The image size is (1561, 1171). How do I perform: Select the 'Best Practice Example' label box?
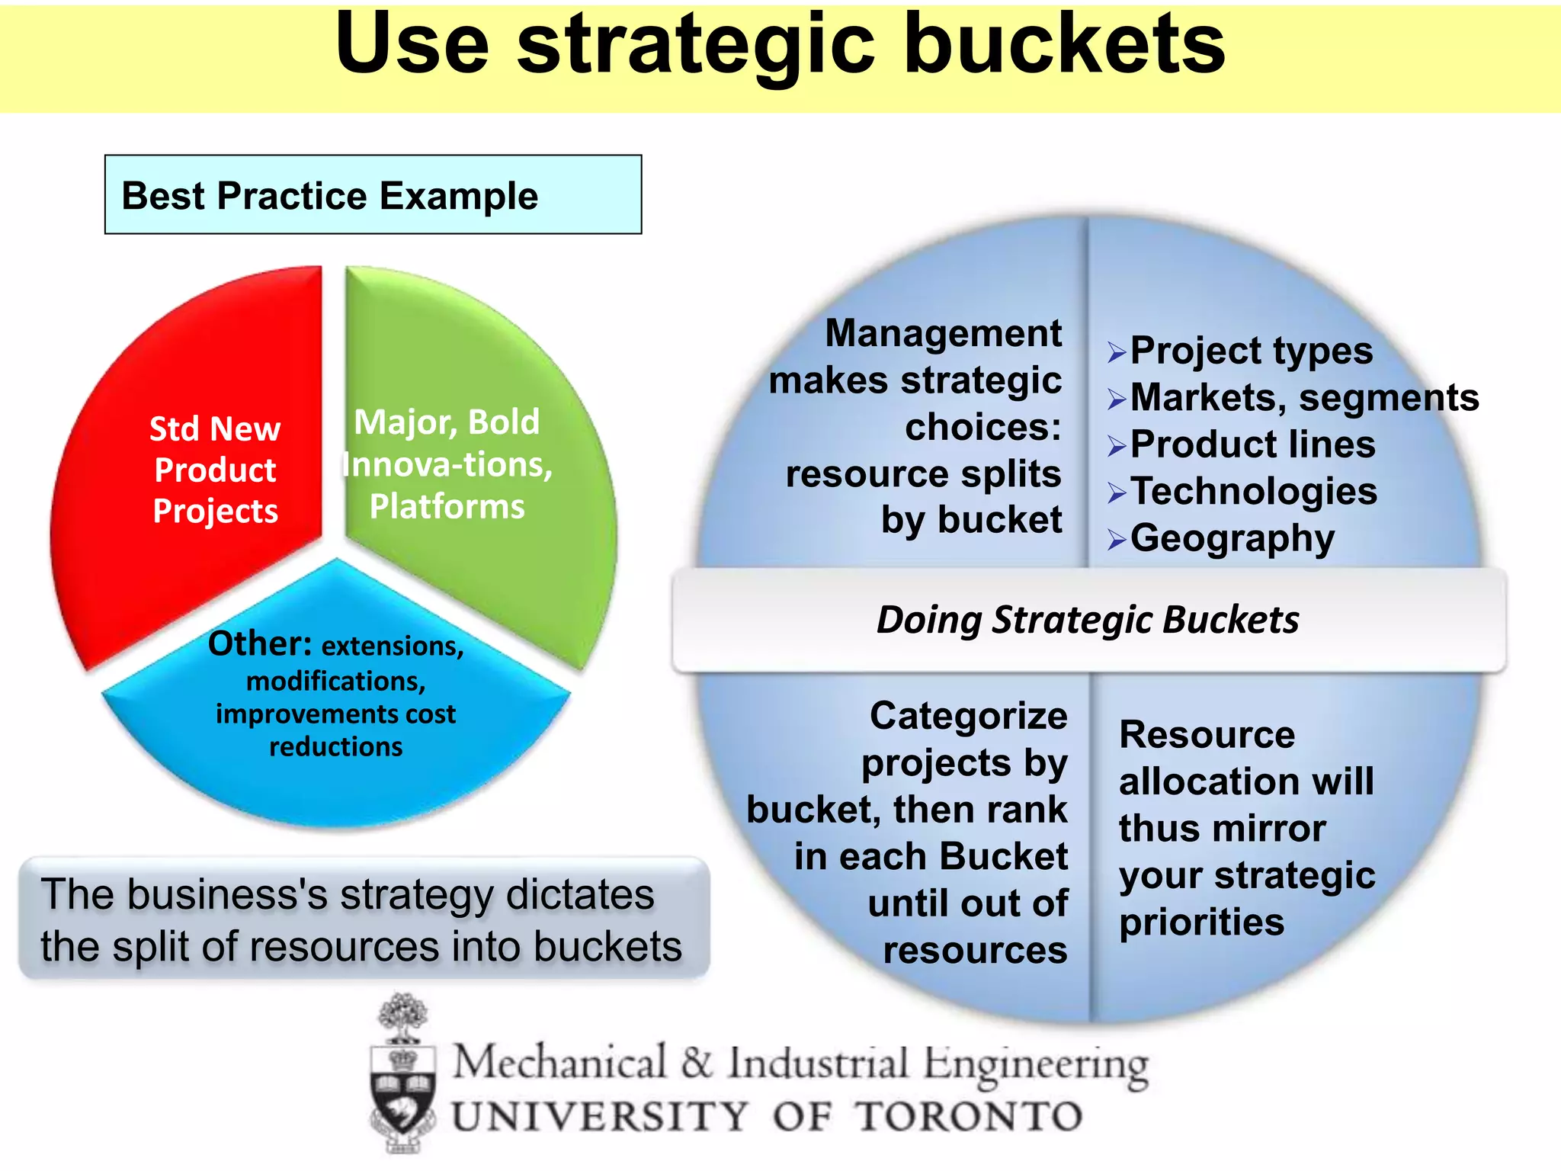point(373,195)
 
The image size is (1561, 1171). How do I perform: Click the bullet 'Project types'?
point(1251,351)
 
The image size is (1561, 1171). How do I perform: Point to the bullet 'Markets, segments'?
point(1304,397)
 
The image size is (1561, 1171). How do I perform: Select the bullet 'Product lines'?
point(1252,444)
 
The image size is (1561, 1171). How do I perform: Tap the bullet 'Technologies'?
point(1254,491)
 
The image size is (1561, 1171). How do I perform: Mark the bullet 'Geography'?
point(1232,538)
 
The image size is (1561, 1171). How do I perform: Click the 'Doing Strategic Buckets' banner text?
point(1088,620)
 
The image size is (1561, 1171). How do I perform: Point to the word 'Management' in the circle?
point(943,334)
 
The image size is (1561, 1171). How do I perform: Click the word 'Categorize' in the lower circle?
point(968,717)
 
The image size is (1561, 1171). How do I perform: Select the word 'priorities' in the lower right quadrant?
point(1201,922)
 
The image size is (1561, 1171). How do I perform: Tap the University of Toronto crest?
point(403,1075)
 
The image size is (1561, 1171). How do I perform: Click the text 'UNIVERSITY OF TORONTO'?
point(767,1117)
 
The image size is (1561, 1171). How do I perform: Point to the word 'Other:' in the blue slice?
point(260,644)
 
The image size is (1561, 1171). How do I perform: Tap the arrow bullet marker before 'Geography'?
point(1117,540)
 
